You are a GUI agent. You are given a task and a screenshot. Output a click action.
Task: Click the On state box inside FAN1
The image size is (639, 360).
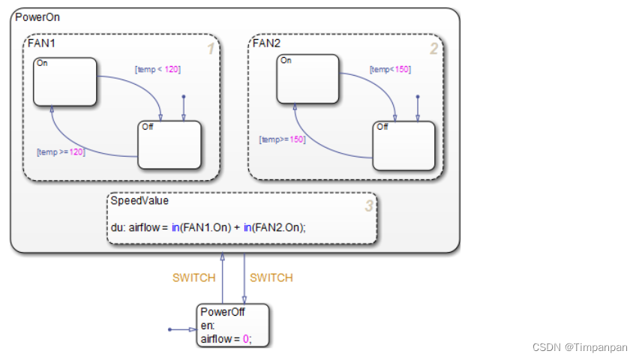[x=65, y=82]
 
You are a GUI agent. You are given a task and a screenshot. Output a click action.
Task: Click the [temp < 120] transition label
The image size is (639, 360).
[x=157, y=69]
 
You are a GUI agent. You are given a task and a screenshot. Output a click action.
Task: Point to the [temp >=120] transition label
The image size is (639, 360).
[x=61, y=151]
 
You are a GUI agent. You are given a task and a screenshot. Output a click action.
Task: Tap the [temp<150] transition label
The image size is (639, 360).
[x=390, y=69]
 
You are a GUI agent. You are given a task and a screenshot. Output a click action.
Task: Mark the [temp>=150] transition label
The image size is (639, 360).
[x=282, y=139]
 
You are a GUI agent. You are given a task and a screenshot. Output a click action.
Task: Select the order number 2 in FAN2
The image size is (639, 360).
[x=433, y=49]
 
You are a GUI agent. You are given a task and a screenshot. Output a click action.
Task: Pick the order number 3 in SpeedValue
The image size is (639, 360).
[x=367, y=205]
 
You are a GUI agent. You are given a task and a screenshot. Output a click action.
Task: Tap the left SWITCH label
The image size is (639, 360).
[x=193, y=277]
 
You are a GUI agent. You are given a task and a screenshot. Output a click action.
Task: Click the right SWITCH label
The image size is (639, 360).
[x=271, y=277]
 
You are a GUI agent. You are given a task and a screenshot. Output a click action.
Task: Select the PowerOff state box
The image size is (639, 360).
[x=232, y=325]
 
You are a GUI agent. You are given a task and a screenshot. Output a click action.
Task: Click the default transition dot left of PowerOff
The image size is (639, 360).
[x=170, y=329]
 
